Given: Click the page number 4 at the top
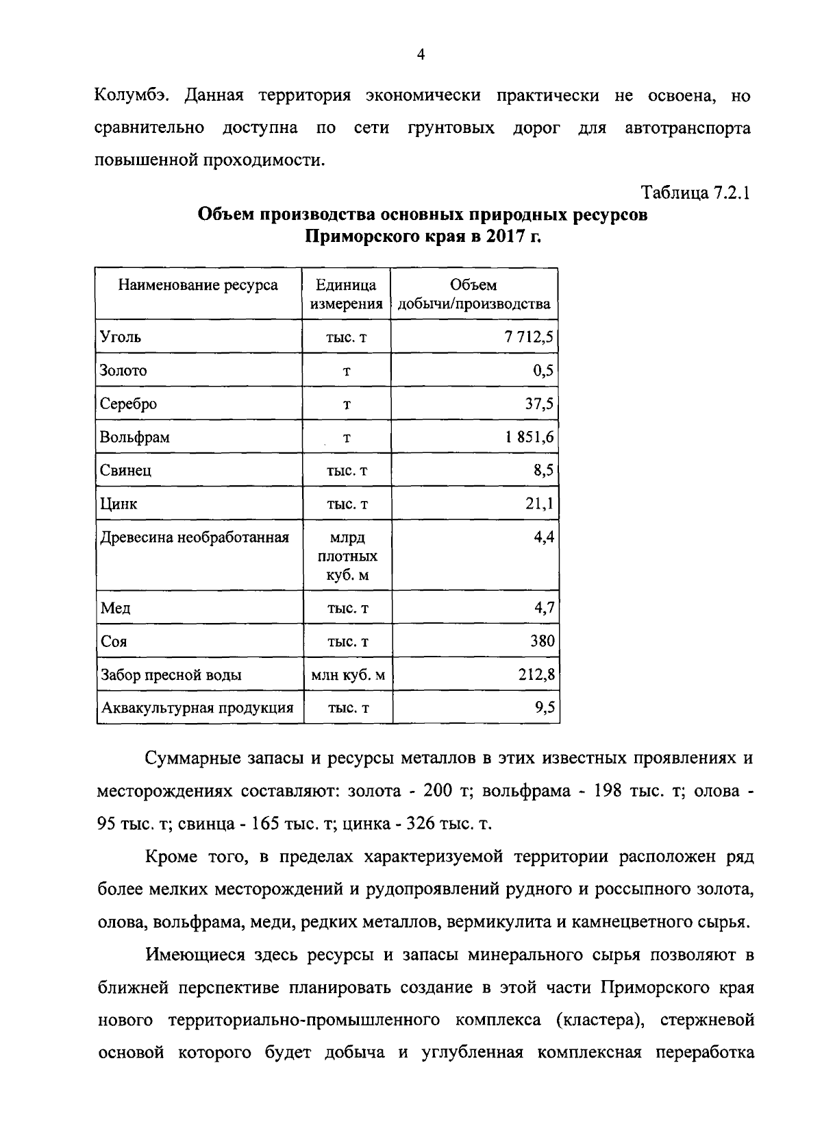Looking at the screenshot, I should pyautogui.click(x=421, y=56).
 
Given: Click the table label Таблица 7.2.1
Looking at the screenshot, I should pyautogui.click(x=695, y=193).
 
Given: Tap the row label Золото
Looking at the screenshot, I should pyautogui.click(x=123, y=370).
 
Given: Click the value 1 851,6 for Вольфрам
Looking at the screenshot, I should pyautogui.click(x=530, y=437).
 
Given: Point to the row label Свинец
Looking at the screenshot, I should pyautogui.click(x=125, y=470).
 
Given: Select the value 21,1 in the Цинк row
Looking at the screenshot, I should pyautogui.click(x=539, y=504).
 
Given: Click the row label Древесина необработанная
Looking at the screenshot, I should pyautogui.click(x=195, y=537).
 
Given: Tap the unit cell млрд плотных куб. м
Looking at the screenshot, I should pyautogui.click(x=347, y=556).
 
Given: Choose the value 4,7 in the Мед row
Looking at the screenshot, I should pyautogui.click(x=544, y=608).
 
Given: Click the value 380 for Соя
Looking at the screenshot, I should pyautogui.click(x=542, y=642).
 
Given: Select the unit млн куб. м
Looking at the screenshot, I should pyautogui.click(x=347, y=675).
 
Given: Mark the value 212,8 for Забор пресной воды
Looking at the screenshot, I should pyautogui.click(x=536, y=675).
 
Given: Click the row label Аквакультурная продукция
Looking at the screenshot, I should pyautogui.click(x=197, y=708).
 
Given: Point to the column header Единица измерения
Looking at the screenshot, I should pyautogui.click(x=346, y=294).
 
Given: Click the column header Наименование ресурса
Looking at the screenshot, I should pyautogui.click(x=198, y=285).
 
